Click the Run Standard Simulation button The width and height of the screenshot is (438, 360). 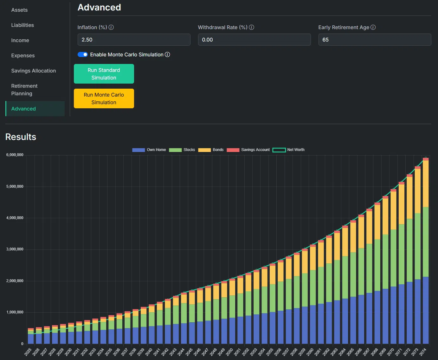(104, 74)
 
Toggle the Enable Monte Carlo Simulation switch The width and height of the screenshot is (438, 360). (82, 54)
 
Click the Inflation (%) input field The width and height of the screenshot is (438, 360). (134, 40)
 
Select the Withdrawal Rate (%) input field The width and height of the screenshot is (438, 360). (254, 40)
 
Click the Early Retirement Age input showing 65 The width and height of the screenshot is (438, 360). (375, 40)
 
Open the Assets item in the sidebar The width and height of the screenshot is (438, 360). (19, 10)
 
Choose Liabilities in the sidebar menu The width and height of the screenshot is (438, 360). (23, 25)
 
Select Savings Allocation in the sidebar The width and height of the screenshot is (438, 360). (34, 71)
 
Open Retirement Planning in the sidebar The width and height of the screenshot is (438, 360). (24, 90)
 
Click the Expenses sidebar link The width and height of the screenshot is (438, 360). (23, 56)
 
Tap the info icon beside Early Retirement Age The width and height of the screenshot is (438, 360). (373, 28)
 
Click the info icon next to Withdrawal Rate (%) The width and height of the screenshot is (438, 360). (252, 28)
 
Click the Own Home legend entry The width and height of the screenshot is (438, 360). (149, 150)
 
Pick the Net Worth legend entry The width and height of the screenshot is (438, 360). (288, 150)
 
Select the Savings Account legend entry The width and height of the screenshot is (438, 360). (248, 150)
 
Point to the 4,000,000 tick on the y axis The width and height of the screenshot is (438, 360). (15, 218)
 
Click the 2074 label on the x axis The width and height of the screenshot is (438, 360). (423, 352)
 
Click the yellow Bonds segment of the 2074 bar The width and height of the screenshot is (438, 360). (426, 184)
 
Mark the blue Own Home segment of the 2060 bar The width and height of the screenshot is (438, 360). (313, 324)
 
